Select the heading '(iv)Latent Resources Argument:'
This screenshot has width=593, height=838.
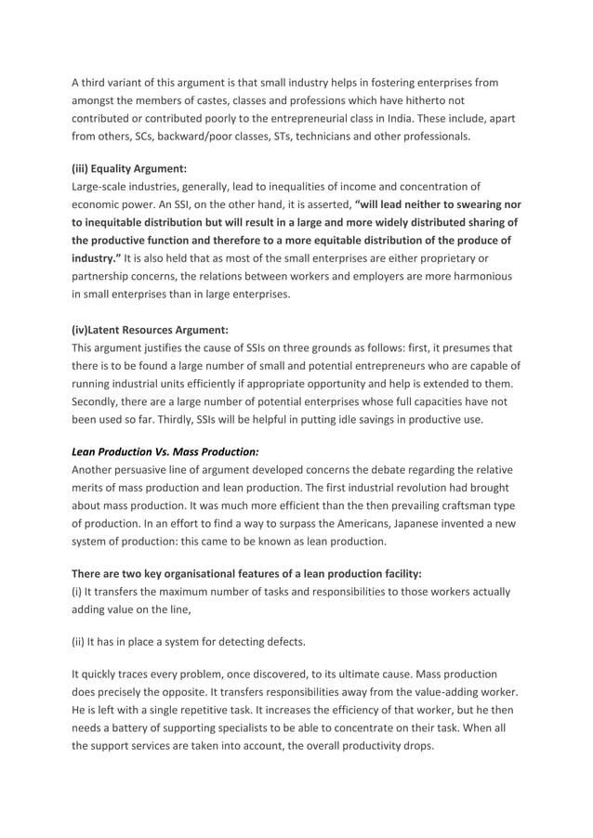coord(150,329)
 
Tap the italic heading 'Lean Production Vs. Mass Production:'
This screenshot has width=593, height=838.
coord(165,452)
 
